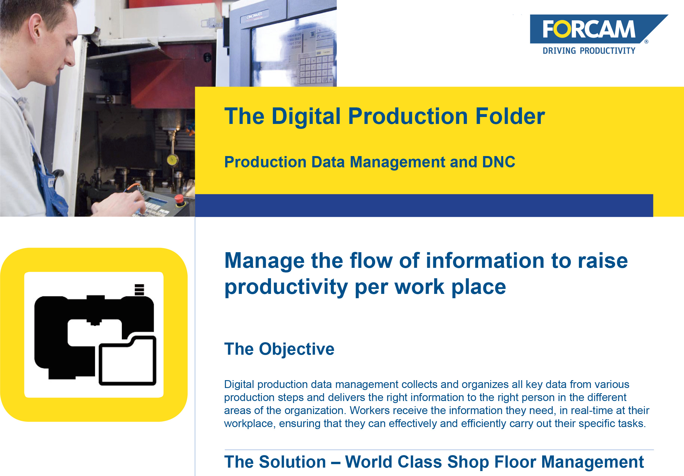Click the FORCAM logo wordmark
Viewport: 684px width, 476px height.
[x=589, y=29]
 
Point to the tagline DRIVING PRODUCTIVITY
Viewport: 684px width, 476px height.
[x=589, y=51]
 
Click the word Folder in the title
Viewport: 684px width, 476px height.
[x=510, y=116]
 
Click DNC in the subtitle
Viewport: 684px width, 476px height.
[x=498, y=162]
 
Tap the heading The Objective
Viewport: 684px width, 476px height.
[x=279, y=349]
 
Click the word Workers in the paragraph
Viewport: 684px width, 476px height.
[x=369, y=411]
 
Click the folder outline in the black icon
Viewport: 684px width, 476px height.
[x=127, y=361]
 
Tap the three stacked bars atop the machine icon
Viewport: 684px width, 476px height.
[x=140, y=290]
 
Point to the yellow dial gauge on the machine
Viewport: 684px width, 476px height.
[x=172, y=160]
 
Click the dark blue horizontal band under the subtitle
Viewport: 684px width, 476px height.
[x=424, y=205]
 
